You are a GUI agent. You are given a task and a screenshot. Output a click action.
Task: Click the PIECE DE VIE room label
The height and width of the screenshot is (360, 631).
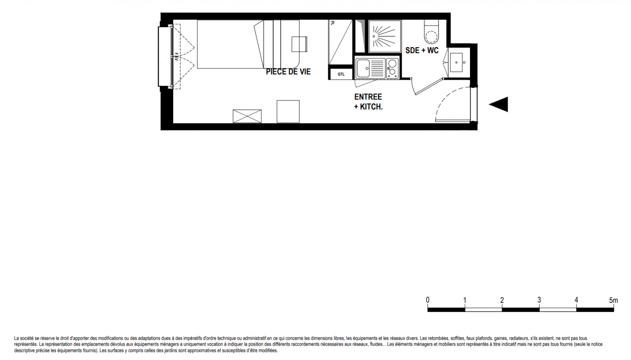[288, 72]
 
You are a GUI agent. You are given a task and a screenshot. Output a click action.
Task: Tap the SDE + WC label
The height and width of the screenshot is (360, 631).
[422, 50]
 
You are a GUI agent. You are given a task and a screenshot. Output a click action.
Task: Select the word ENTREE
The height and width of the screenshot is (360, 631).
[368, 97]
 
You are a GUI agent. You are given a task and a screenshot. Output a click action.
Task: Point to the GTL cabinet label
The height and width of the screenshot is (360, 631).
[341, 74]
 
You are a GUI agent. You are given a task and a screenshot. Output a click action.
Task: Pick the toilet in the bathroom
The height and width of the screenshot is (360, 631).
[431, 32]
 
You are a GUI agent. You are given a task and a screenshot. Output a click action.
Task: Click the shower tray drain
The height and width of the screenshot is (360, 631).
[374, 36]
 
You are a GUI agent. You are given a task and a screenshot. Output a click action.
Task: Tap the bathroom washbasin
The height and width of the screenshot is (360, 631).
[456, 62]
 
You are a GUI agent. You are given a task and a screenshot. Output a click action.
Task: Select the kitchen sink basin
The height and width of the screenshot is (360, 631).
[363, 68]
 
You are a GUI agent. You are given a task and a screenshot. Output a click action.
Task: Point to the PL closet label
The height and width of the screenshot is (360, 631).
[333, 23]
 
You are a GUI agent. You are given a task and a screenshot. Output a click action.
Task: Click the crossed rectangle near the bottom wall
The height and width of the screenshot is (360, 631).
[247, 116]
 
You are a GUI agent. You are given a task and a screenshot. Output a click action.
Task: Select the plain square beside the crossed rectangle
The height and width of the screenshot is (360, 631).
[288, 111]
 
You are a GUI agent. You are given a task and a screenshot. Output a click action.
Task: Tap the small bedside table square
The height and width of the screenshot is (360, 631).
[299, 44]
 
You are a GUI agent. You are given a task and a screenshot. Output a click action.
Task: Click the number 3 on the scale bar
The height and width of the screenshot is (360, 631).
[539, 300]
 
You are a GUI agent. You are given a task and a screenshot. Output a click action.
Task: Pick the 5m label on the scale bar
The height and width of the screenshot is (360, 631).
[613, 301]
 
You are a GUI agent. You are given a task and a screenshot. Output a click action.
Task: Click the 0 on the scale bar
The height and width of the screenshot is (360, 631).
[428, 300]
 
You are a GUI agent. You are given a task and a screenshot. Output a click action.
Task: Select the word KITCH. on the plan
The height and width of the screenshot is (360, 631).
[371, 107]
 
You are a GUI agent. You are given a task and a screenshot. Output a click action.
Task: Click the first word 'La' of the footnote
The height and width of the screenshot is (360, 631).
[16, 338]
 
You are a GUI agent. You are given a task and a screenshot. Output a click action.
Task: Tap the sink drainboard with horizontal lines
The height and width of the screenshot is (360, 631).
[377, 68]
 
